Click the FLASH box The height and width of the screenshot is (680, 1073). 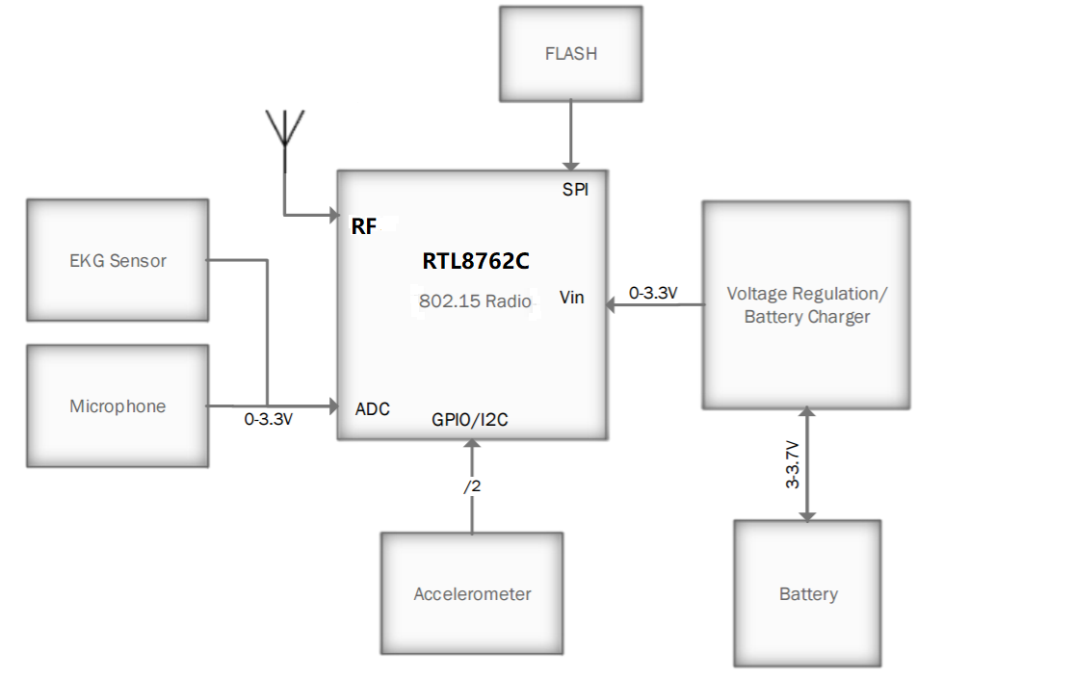point(571,54)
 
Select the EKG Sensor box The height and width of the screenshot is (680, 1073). point(118,260)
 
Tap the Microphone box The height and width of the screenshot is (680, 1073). point(118,406)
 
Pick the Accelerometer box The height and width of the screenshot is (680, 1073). point(472,593)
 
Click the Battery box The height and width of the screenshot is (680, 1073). point(807,593)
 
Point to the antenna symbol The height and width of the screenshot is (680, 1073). point(284,130)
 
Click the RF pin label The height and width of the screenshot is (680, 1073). point(364,226)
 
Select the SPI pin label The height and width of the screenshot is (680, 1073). point(575,190)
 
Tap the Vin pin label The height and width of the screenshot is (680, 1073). point(572,298)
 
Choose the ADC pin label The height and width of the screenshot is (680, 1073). point(373,409)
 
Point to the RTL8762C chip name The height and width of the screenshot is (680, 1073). point(476,261)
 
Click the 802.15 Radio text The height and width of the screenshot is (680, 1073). point(475,301)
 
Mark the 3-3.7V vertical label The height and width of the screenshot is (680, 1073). point(792,464)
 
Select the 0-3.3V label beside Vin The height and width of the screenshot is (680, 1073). point(653,293)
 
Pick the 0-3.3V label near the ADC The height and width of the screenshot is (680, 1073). point(268,420)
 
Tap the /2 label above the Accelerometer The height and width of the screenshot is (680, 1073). point(472,487)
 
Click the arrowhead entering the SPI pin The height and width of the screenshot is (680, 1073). point(571,167)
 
